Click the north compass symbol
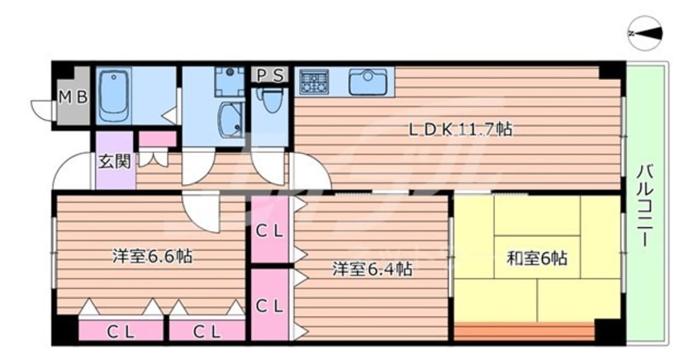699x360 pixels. [x=645, y=33]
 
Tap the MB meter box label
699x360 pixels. [x=74, y=97]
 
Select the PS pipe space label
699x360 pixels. [x=270, y=75]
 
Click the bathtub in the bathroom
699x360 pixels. [x=113, y=97]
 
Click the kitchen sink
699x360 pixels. [x=368, y=82]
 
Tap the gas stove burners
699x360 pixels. [x=314, y=82]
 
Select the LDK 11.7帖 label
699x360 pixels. [x=460, y=130]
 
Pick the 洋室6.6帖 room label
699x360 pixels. [x=152, y=256]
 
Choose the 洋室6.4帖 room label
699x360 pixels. [x=372, y=269]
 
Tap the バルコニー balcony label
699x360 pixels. [x=645, y=206]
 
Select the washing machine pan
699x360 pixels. [x=229, y=82]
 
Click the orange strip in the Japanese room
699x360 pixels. [x=525, y=331]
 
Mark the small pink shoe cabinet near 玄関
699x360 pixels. [x=158, y=139]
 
